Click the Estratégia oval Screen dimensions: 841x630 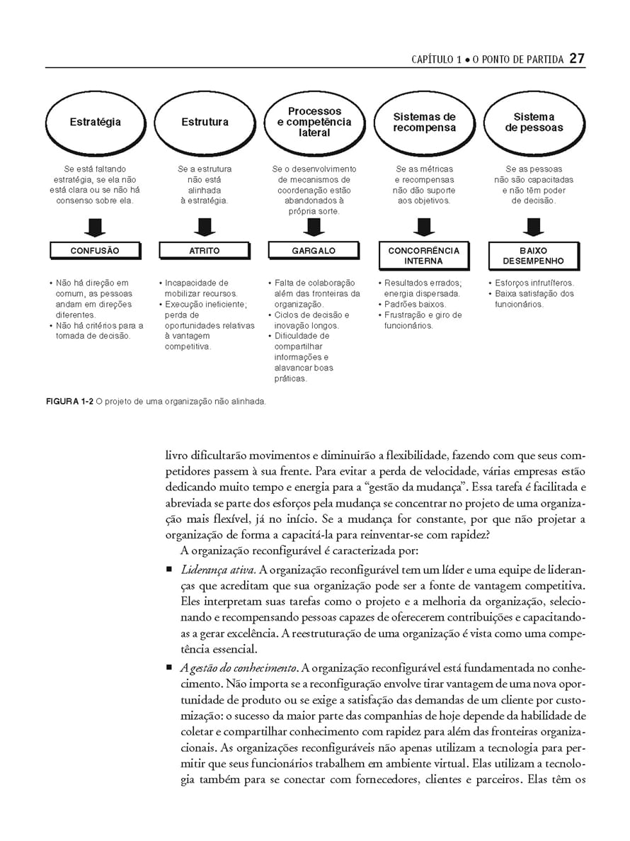coord(95,122)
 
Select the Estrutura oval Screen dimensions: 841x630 coord(205,122)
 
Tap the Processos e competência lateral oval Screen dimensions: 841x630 coord(314,122)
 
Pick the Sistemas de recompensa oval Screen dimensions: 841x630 coord(424,122)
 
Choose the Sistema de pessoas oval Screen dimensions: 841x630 coord(534,122)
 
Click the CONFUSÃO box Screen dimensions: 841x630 coord(95,251)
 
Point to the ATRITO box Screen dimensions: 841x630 coord(205,251)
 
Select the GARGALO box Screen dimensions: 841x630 coord(314,251)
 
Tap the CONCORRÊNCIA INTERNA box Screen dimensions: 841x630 coord(424,256)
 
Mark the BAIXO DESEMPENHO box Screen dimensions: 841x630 coord(534,256)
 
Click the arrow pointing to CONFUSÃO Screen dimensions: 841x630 coord(95,227)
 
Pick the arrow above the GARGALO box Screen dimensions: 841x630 coord(314,227)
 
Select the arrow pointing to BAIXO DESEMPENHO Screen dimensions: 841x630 coord(534,227)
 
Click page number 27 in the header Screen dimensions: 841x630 coord(577,59)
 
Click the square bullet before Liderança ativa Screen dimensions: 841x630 coord(169,570)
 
